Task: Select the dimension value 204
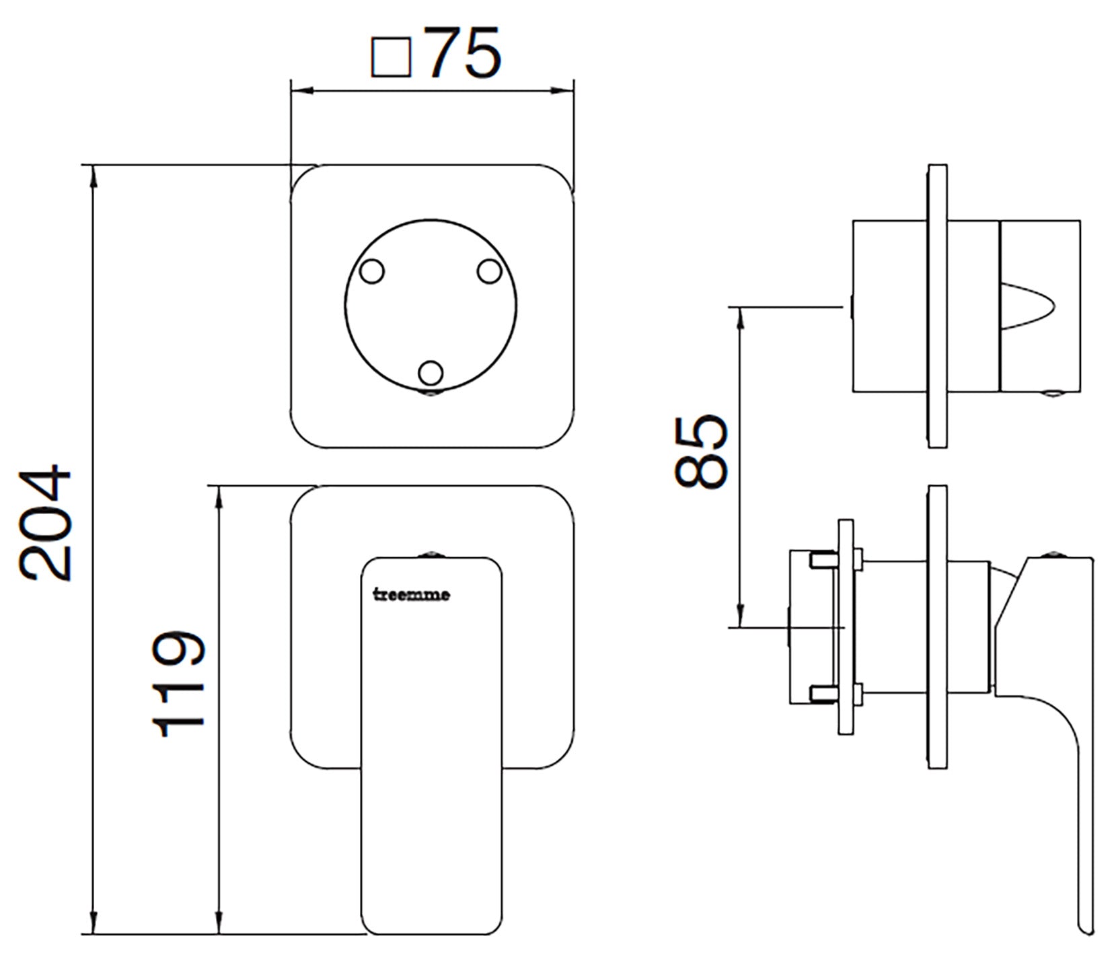[46, 522]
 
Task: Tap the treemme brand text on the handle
[412, 595]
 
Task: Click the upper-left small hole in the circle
[371, 272]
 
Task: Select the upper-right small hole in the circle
[490, 272]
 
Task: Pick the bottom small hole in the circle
[431, 372]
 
